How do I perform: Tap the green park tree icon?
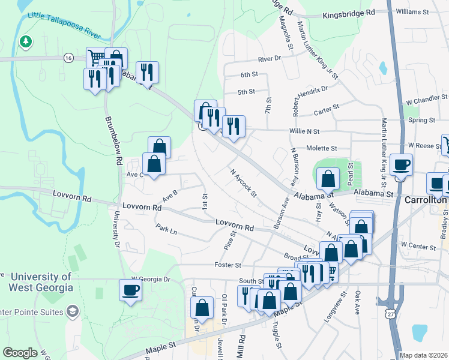click(x=25, y=41)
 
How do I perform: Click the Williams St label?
click(x=412, y=11)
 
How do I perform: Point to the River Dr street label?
click(x=270, y=59)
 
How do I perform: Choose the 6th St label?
click(x=249, y=75)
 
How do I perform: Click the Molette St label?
click(x=322, y=148)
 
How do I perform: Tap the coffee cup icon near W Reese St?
click(x=401, y=164)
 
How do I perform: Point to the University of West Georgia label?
click(x=41, y=281)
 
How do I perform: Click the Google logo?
click(x=20, y=353)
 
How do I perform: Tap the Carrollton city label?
click(x=426, y=199)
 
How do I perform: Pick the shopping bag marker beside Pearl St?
click(x=328, y=178)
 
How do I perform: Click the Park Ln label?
click(x=166, y=230)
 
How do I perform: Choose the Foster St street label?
click(x=228, y=265)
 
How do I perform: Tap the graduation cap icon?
click(x=73, y=311)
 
